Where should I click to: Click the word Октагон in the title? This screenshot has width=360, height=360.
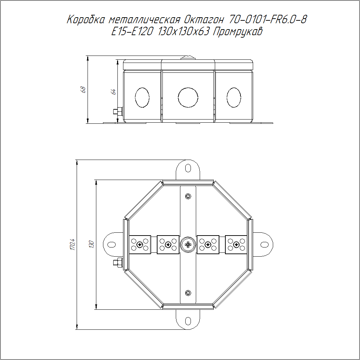click(204, 20)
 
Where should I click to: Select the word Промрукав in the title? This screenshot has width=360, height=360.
click(237, 32)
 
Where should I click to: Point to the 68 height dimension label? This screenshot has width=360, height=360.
click(83, 90)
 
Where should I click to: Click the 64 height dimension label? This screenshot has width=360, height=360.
click(113, 92)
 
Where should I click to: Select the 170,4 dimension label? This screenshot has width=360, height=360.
click(72, 244)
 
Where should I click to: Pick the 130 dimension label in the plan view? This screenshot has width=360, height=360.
click(91, 244)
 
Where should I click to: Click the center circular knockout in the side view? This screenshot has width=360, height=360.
click(188, 97)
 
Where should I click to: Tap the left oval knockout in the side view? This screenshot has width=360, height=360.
click(142, 97)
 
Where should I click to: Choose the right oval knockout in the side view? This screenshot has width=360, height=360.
click(234, 97)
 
